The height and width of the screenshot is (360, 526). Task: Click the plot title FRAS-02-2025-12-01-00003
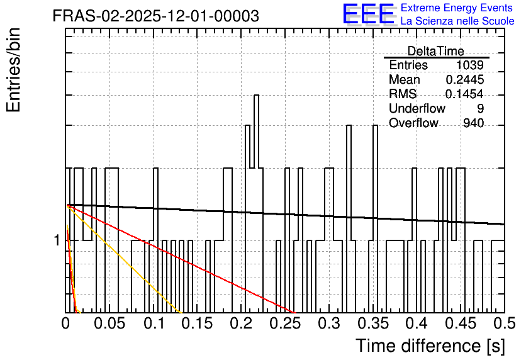(x=155, y=16)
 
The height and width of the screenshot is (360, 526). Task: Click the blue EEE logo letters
(x=369, y=14)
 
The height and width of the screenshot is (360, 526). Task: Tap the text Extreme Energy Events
(x=457, y=8)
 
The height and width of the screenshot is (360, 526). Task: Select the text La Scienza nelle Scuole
(x=457, y=21)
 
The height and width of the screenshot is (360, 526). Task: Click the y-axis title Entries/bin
(x=14, y=70)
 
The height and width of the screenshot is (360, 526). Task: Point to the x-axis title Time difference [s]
(x=430, y=346)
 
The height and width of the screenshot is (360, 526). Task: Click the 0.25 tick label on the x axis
(x=286, y=323)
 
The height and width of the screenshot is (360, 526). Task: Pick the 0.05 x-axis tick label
(x=109, y=323)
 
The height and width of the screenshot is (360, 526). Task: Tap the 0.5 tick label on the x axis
(x=504, y=323)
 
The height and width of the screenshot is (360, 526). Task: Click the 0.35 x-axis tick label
(x=373, y=323)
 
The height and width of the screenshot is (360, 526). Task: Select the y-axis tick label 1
(x=57, y=240)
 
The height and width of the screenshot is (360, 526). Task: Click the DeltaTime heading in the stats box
(x=436, y=51)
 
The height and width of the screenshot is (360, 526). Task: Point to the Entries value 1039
(x=469, y=65)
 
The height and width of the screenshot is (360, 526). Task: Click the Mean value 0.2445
(x=465, y=79)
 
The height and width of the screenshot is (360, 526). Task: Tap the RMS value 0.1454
(x=464, y=94)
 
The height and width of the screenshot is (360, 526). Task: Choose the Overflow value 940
(x=474, y=123)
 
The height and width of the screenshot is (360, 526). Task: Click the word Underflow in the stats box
(x=417, y=108)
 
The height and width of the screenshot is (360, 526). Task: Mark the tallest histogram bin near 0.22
(x=256, y=132)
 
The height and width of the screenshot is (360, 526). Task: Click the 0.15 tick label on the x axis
(x=198, y=323)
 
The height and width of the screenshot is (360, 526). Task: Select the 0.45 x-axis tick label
(x=461, y=323)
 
